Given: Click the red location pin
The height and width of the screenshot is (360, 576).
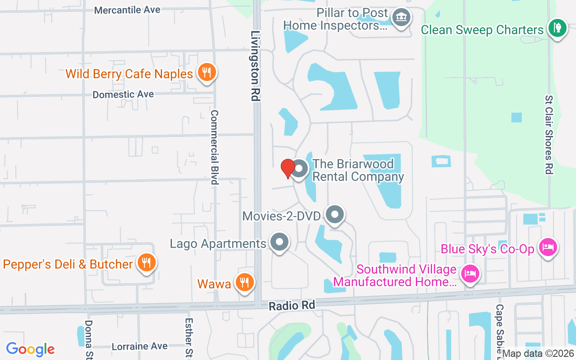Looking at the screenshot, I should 288,169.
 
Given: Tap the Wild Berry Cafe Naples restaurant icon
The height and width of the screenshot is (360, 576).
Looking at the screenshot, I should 207,72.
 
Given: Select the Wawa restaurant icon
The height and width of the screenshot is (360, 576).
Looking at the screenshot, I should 244,283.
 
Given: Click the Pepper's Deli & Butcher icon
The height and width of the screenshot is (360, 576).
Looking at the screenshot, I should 146,263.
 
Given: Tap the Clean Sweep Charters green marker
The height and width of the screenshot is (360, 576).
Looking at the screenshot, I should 558,28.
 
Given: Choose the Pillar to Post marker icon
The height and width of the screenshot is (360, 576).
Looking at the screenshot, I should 400,18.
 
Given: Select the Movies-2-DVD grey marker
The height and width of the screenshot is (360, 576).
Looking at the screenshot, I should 334,215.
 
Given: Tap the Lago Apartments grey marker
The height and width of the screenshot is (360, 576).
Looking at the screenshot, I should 279,242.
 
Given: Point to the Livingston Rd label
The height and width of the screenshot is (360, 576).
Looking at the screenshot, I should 256,66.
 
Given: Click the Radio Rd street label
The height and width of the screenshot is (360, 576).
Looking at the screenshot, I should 292,306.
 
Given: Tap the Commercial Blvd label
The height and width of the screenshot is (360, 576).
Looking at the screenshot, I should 215,147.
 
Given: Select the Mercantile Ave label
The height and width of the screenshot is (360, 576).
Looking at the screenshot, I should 127,10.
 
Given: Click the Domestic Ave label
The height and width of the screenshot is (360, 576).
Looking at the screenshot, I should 123,94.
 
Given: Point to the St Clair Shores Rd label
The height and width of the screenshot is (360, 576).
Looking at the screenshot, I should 548,134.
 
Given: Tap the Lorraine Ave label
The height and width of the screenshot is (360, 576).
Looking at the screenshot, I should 139,346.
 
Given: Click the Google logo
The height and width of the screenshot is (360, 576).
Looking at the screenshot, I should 30,349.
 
